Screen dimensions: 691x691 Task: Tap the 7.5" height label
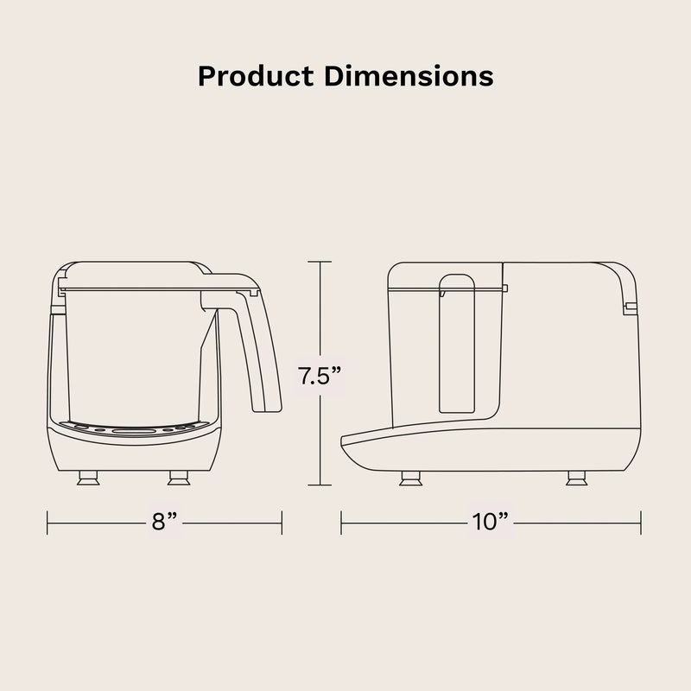[320, 377]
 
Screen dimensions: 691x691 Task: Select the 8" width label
[165, 522]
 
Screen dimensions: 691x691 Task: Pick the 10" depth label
[491, 522]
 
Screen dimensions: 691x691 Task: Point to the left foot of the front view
[87, 478]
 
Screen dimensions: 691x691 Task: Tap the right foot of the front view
[179, 478]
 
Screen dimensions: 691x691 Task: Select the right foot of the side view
[574, 478]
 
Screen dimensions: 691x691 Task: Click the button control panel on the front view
[134, 428]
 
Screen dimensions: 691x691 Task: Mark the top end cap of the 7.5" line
[320, 262]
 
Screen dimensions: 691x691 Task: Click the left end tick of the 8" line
[48, 522]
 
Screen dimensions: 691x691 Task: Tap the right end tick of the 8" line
[282, 522]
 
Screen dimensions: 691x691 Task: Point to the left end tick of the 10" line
[341, 522]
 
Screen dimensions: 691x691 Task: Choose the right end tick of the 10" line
[640, 522]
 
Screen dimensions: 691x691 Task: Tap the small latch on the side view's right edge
[631, 307]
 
